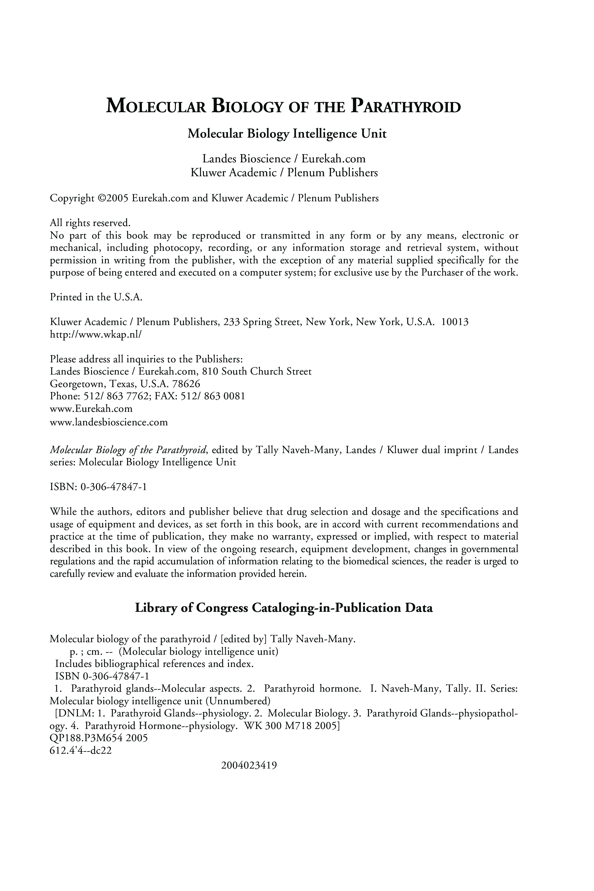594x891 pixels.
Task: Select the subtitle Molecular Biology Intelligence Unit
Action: [287, 134]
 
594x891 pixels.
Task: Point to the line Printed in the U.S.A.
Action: [96, 297]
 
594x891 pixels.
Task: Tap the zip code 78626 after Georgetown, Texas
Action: [186, 384]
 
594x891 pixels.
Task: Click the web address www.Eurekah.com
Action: [91, 409]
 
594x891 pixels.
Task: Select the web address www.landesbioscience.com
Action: [109, 422]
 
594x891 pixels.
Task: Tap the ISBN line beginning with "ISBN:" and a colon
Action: [98, 487]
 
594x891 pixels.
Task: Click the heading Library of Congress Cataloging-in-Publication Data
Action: [284, 608]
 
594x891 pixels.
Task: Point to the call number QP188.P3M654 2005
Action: [98, 738]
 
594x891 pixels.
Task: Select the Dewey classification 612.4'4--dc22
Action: [81, 750]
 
